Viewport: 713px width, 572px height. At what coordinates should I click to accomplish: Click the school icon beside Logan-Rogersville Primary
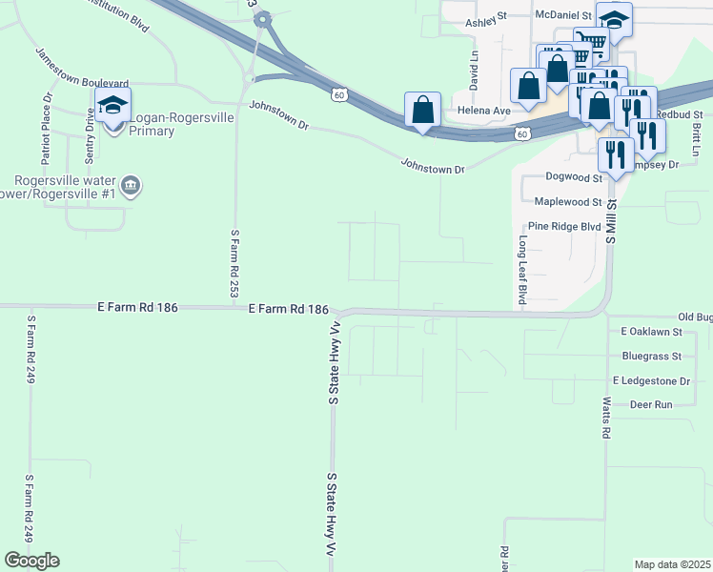click(112, 106)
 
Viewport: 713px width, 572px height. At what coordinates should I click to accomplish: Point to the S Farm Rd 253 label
click(234, 262)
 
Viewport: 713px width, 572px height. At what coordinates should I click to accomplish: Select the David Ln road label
click(474, 68)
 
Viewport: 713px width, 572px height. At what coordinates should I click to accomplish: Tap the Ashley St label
click(487, 21)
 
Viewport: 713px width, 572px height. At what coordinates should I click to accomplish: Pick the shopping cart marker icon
click(593, 43)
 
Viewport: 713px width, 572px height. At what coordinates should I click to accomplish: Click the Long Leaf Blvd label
click(522, 271)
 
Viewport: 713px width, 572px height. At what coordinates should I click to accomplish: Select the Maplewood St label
click(568, 202)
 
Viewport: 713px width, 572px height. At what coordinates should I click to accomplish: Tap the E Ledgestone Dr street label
click(651, 380)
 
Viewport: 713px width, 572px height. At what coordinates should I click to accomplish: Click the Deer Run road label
click(651, 404)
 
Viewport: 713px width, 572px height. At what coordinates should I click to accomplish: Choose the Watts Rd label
click(605, 419)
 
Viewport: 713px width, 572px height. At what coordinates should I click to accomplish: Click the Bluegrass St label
click(651, 356)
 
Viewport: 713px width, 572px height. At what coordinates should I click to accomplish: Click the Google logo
click(31, 560)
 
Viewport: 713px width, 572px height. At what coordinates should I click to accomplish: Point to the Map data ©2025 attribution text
click(671, 564)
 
